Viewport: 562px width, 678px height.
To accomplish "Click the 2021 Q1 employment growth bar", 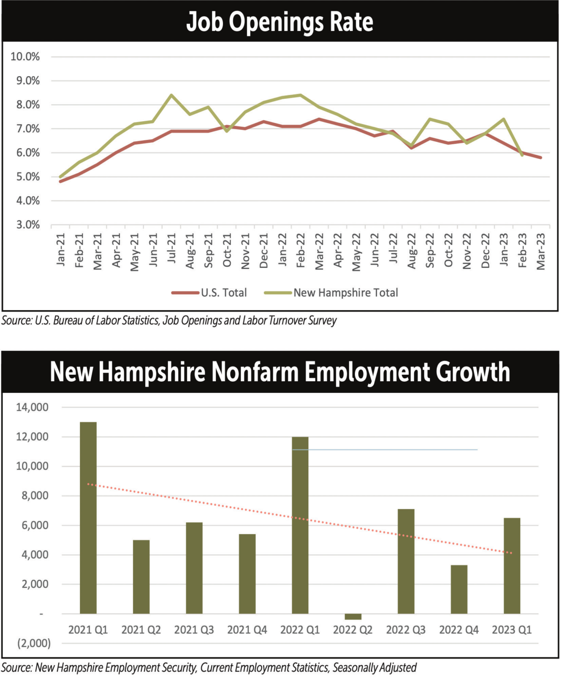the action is pyautogui.click(x=88, y=518).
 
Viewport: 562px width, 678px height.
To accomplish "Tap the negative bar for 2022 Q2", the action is pyautogui.click(x=353, y=617).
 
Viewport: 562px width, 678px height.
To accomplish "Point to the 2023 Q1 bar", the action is pyautogui.click(x=512, y=566).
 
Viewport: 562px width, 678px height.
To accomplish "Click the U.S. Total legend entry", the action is pyautogui.click(x=209, y=292).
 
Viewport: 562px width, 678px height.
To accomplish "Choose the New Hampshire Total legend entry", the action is pyautogui.click(x=331, y=292).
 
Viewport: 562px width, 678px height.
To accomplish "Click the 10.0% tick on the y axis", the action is pyautogui.click(x=25, y=56).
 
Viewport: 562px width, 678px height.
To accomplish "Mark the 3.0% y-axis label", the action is pyautogui.click(x=28, y=225).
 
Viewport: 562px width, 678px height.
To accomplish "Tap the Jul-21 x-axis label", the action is pyautogui.click(x=171, y=248).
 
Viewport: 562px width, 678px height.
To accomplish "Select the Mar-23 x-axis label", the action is pyautogui.click(x=540, y=251).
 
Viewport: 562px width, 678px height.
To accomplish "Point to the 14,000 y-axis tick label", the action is pyautogui.click(x=32, y=407).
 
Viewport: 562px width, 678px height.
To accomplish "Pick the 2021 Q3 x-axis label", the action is pyautogui.click(x=194, y=629).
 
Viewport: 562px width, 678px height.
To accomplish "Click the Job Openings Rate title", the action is pyautogui.click(x=280, y=22).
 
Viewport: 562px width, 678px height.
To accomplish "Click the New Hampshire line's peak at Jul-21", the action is pyautogui.click(x=171, y=95).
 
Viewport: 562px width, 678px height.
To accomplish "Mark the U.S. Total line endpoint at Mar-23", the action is pyautogui.click(x=541, y=157).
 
